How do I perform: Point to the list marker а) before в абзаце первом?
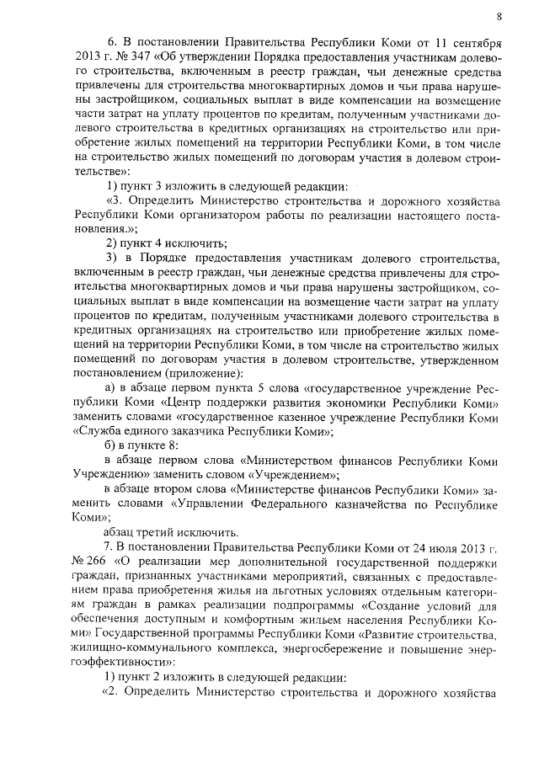109,386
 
